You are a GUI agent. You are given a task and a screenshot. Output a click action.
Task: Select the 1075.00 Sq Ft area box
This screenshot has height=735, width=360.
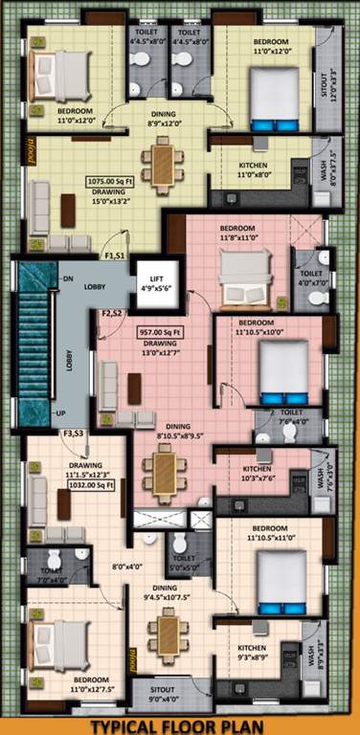click(108, 179)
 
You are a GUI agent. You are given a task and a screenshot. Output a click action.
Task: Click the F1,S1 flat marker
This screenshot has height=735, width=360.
click(114, 256)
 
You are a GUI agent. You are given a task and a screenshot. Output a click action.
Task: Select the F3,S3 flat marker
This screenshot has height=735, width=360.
click(74, 434)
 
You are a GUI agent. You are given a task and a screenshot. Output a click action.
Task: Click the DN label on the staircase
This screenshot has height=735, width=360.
click(68, 278)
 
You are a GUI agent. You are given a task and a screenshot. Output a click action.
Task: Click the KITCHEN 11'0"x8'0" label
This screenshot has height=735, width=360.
click(254, 170)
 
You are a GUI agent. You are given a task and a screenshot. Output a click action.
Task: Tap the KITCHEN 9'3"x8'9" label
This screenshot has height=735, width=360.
click(253, 654)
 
